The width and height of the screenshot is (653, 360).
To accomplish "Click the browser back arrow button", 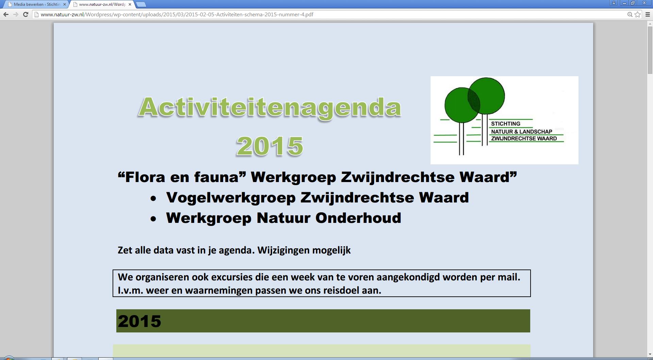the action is tap(6, 14).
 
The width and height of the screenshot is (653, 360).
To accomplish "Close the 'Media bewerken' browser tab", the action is tap(65, 4).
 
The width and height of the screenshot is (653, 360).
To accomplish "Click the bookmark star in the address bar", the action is tap(638, 14).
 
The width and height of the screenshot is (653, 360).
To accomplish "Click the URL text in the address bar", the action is tap(177, 14).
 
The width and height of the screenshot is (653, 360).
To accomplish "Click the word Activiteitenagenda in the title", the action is tap(270, 107).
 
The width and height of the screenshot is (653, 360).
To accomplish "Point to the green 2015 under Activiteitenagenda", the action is tap(270, 146).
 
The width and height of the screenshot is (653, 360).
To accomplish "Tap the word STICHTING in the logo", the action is tap(505, 124).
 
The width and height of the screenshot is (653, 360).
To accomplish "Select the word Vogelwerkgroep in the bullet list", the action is tap(231, 198).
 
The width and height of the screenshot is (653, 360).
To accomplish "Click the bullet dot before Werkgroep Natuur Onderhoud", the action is tap(153, 219).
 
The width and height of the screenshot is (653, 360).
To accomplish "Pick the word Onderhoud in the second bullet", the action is tap(358, 218).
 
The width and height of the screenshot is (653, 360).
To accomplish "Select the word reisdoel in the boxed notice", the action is tap(341, 290).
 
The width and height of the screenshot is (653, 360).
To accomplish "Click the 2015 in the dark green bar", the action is tap(139, 321).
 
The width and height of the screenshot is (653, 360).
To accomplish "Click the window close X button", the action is tap(644, 3).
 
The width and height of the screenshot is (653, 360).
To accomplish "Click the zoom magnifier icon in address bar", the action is tap(630, 14).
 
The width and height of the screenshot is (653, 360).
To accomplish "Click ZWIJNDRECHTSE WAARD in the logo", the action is tap(524, 138).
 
